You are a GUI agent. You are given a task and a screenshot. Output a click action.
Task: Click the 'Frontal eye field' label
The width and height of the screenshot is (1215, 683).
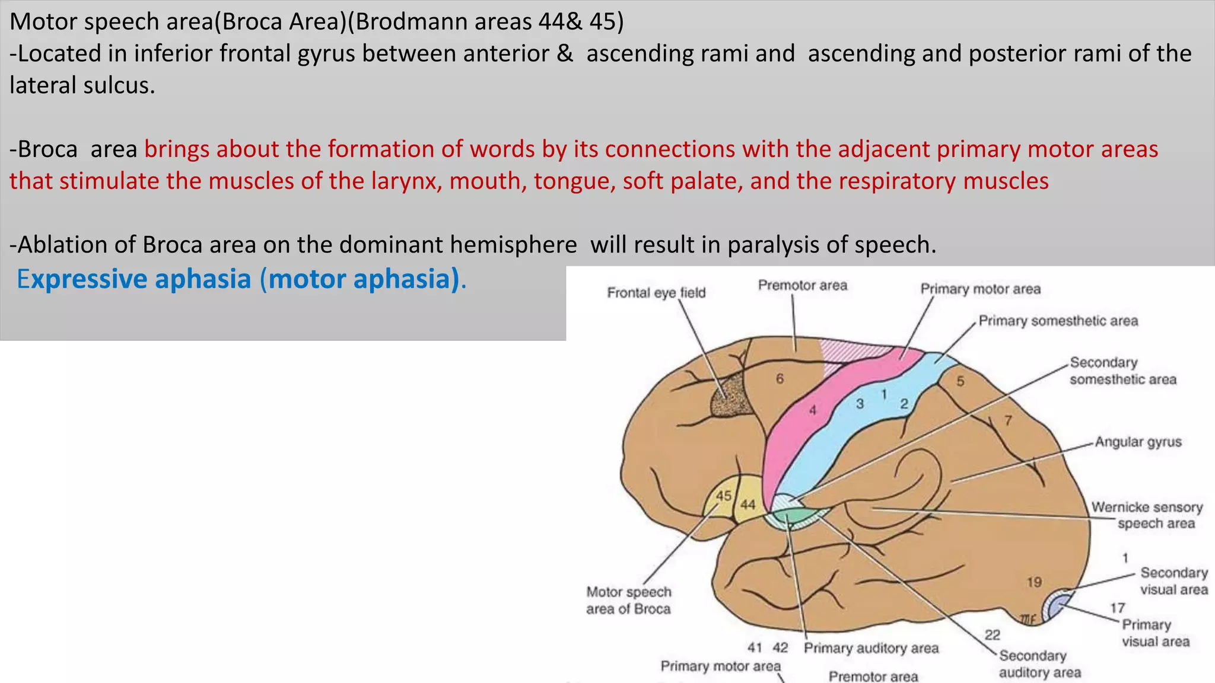pos(656,292)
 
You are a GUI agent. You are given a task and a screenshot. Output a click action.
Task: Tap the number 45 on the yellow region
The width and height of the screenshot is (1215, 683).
pos(723,496)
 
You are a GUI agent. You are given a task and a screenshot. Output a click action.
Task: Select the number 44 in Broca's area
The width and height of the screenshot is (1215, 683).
pos(748,505)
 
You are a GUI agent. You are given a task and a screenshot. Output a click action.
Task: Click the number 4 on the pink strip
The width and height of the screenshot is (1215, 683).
pos(813,410)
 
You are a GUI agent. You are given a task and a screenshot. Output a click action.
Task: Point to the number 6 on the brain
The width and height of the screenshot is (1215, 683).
pos(780,378)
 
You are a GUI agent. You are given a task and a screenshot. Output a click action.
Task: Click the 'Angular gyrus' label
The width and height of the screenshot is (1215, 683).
pos(1138,442)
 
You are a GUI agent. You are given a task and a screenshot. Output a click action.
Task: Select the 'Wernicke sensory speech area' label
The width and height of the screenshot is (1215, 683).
pos(1147,515)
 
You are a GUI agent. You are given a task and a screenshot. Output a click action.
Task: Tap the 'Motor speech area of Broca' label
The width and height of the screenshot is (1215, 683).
pos(629,600)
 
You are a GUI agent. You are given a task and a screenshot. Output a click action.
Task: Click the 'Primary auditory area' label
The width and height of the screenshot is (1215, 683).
pos(871,648)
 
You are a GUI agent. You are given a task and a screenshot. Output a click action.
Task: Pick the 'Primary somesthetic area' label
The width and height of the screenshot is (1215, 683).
pos(1058,321)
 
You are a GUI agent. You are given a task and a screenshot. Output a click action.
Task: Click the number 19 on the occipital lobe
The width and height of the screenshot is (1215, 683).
pos(1034,582)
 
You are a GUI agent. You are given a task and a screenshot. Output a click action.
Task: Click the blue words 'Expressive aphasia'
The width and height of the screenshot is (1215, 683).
pos(134,279)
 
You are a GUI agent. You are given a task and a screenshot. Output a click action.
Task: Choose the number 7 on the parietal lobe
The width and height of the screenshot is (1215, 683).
pos(1008,420)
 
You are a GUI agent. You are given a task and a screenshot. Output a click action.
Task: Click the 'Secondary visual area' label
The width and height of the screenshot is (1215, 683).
pos(1173,581)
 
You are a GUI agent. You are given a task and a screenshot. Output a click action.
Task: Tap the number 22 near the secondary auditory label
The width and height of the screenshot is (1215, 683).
pos(993,635)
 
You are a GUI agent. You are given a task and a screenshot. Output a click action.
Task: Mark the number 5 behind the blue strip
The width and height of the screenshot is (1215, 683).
pos(960,381)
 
